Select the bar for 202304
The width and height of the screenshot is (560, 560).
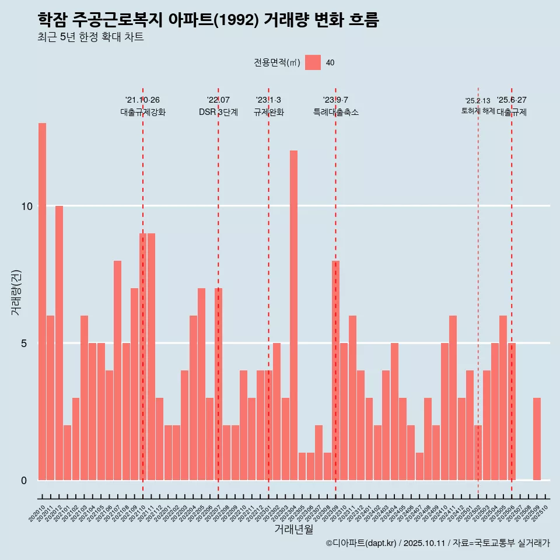pyautogui.click(x=293, y=315)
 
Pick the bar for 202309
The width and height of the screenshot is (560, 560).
pyautogui.click(x=335, y=370)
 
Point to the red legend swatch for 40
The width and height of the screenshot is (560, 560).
pyautogui.click(x=313, y=62)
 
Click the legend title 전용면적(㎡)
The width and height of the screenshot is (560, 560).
pyautogui.click(x=277, y=63)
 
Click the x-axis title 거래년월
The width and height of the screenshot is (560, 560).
pyautogui.click(x=293, y=529)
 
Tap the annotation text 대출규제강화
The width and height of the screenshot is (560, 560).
pyautogui.click(x=143, y=112)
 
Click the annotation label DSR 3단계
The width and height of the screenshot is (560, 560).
pyautogui.click(x=218, y=112)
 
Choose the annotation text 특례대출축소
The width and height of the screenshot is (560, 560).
pyautogui.click(x=335, y=112)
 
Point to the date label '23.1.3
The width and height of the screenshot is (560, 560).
pyautogui.click(x=268, y=100)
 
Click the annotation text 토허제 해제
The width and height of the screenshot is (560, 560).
pyautogui.click(x=478, y=111)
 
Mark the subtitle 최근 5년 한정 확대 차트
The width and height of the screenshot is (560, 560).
pyautogui.click(x=90, y=37)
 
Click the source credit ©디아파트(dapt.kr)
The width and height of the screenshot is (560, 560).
pyautogui.click(x=361, y=543)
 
